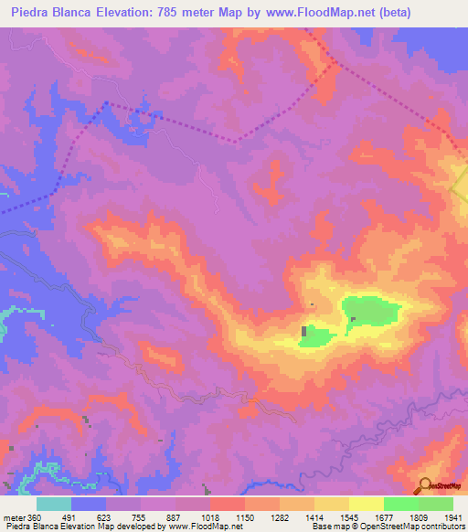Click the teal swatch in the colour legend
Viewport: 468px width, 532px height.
click(53, 504)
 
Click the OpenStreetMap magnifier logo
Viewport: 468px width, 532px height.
click(426, 486)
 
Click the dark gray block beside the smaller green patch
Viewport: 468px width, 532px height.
click(304, 330)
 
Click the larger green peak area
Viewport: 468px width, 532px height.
click(371, 311)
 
